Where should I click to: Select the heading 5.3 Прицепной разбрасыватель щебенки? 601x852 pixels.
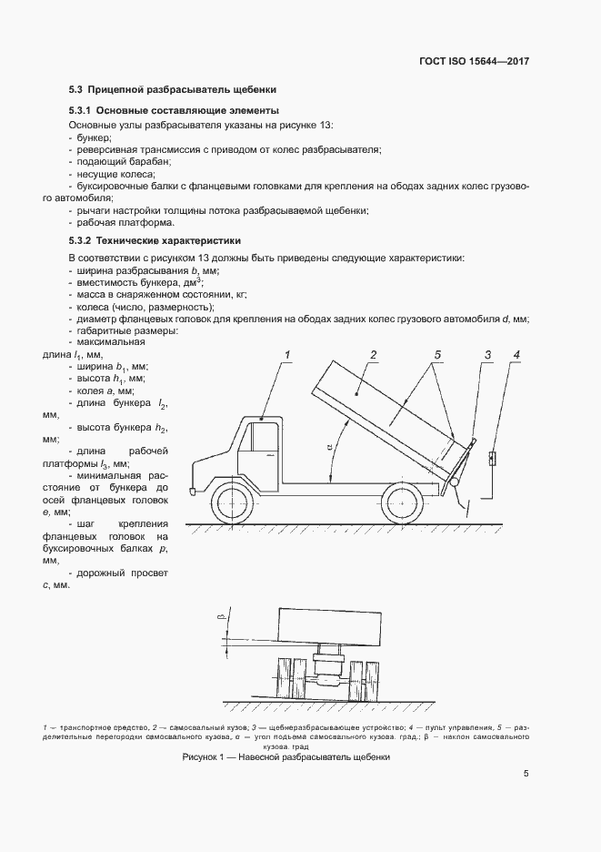tap(172, 89)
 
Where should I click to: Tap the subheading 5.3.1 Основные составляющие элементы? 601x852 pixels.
tap(162, 110)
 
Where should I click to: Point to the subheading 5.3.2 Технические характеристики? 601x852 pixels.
tap(155, 241)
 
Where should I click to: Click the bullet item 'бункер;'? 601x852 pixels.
tap(91, 136)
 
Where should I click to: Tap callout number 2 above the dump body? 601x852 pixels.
tap(373, 353)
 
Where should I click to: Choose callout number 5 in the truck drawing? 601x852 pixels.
tap(437, 353)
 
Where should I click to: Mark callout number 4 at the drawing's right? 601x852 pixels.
tap(516, 353)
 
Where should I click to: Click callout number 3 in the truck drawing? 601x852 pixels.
tap(487, 353)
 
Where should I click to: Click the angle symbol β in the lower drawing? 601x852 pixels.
tap(221, 618)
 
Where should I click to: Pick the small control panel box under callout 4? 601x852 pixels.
tap(492, 458)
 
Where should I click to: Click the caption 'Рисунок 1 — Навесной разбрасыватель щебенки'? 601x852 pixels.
tap(285, 757)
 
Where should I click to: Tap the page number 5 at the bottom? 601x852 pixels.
tap(526, 775)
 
